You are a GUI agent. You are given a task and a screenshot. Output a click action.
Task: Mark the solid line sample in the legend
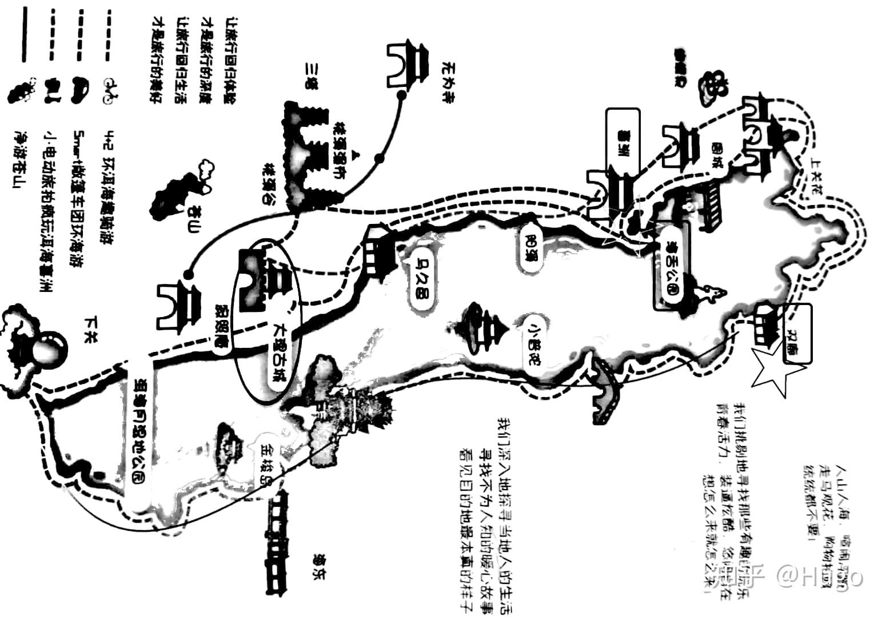[x=23, y=34]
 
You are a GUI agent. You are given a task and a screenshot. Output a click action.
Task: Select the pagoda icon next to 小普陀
[x=485, y=330]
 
